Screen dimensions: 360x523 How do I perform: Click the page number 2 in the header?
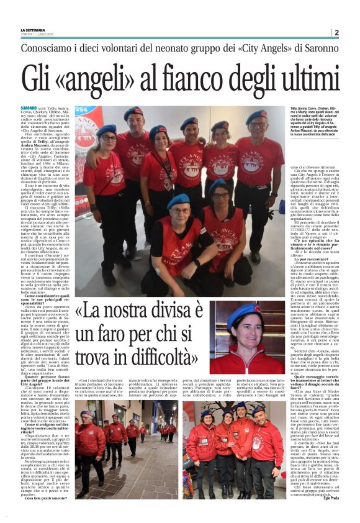[x=336, y=32]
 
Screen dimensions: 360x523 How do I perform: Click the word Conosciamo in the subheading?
[x=48, y=48]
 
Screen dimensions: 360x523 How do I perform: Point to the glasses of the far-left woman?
[x=107, y=138]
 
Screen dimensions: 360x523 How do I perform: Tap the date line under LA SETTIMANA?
[x=40, y=35]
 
